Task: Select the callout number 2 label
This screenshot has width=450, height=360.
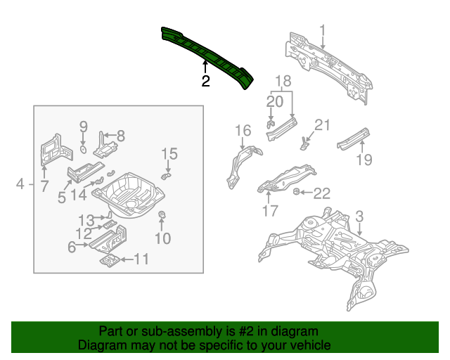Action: tap(205, 82)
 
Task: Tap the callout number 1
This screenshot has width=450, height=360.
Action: tap(323, 30)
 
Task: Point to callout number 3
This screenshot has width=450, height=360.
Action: tap(359, 216)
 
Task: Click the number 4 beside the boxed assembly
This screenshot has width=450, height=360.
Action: tap(20, 184)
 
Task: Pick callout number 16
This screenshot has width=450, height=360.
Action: tap(243, 130)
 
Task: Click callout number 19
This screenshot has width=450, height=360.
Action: tap(363, 160)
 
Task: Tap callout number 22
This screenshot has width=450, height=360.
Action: tap(321, 193)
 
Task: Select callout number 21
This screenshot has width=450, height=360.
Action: tap(321, 126)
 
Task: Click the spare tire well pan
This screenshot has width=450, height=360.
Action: tap(129, 192)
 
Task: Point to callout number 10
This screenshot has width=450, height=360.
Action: tap(162, 238)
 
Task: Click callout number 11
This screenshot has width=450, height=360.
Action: tap(141, 260)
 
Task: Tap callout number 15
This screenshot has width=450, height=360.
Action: tap(169, 153)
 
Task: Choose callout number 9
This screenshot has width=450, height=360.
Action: tap(82, 127)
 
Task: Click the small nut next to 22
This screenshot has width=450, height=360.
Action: tap(297, 191)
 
